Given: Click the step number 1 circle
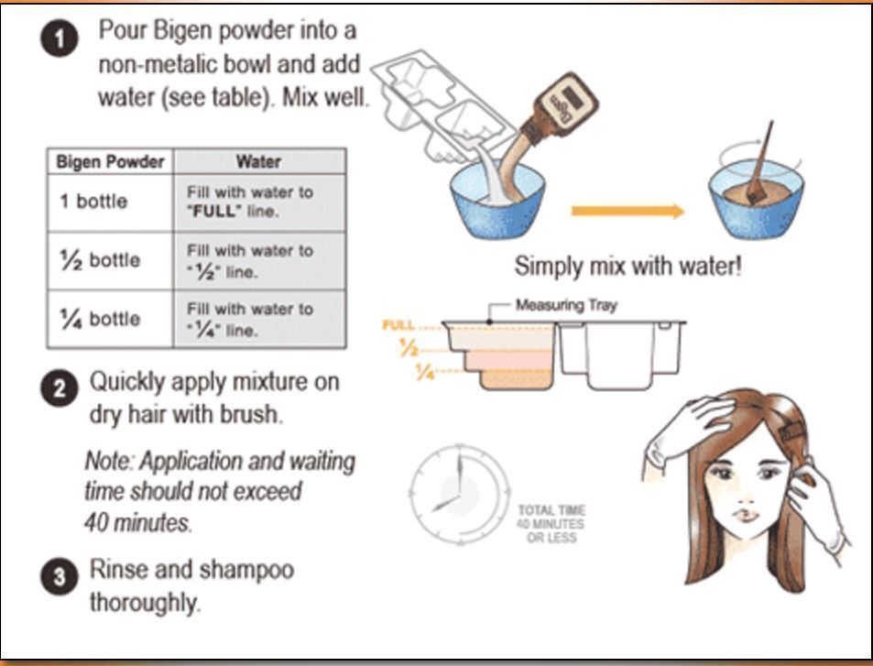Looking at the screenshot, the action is (x=60, y=39).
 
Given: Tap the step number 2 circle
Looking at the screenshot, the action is (x=59, y=388).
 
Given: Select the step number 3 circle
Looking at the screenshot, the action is (x=59, y=576).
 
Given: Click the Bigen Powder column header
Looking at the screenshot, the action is (x=110, y=161).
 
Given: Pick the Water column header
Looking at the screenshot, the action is (x=259, y=161).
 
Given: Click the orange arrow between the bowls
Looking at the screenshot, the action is (x=627, y=211).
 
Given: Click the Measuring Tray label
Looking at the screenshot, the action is (x=566, y=305).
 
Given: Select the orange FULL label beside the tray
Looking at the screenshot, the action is (x=398, y=324).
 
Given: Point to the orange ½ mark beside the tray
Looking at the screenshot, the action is (x=409, y=348).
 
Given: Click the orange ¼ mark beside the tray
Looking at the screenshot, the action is (x=425, y=371).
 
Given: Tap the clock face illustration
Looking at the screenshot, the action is (x=460, y=495).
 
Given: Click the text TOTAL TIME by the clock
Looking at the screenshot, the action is (x=551, y=510).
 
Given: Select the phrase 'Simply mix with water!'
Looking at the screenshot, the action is (x=628, y=267).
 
